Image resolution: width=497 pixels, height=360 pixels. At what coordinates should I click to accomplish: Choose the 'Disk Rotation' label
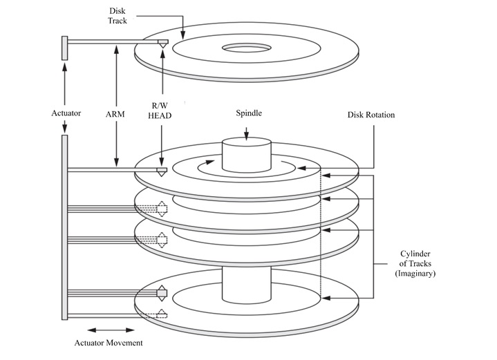point(371,115)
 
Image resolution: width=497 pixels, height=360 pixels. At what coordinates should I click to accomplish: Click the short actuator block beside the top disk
point(64,48)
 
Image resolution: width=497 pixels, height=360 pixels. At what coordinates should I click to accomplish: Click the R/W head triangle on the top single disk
point(162,44)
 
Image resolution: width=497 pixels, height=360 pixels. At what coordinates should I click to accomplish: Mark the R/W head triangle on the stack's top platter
point(162,171)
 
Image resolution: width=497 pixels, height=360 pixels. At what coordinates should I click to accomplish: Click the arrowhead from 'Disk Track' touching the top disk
point(182,34)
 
